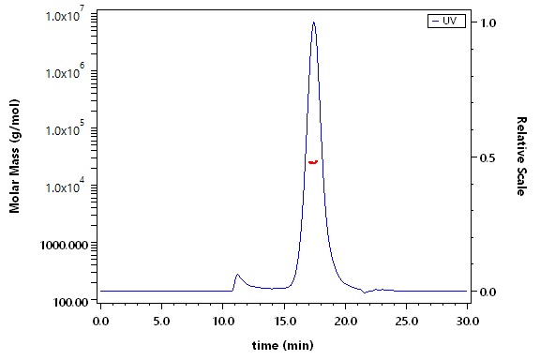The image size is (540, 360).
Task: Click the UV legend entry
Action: coord(446,21)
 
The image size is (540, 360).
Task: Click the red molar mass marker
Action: coord(313,162)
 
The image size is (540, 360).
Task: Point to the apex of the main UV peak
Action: coord(313,22)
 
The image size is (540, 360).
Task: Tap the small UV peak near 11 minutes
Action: coord(237,275)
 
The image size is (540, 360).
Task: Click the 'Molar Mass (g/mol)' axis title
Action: coord(14,156)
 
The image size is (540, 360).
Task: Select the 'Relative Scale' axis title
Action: coord(521,156)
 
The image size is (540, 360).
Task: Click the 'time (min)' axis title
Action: coord(283,345)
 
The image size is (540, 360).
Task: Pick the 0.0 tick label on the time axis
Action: coord(100,322)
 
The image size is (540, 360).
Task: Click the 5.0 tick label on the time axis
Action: coord(161,322)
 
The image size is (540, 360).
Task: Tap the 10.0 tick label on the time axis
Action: coord(222,322)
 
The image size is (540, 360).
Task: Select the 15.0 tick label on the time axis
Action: coord(284,322)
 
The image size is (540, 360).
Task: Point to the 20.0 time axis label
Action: coord(345,322)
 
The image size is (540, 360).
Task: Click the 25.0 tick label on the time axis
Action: coord(406,322)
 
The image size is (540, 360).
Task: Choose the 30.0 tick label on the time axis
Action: coord(467,322)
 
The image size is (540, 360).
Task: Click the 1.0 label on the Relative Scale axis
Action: coord(487,22)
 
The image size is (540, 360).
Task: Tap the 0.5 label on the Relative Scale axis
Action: coord(487,157)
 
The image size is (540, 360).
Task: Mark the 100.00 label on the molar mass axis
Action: coord(70,303)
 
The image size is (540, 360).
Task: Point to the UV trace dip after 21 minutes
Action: coord(365,292)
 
